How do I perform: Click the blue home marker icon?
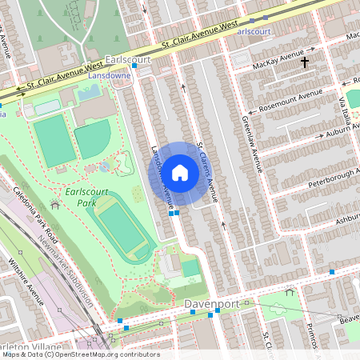click(180, 172)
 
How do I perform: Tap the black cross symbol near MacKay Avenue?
click(304, 62)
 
